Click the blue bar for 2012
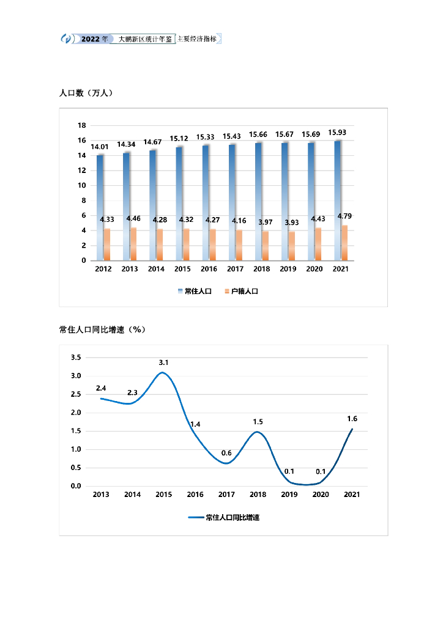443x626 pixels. pyautogui.click(x=100, y=208)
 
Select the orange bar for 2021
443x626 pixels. pyautogui.click(x=344, y=243)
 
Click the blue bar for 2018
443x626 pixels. pyautogui.click(x=258, y=202)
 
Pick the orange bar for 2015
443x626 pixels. pyautogui.click(x=187, y=245)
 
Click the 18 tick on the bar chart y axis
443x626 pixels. pyautogui.click(x=81, y=125)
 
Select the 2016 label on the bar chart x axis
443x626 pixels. pyautogui.click(x=209, y=269)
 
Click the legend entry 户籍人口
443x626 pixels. pyautogui.click(x=244, y=292)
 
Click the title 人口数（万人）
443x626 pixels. pyautogui.click(x=86, y=93)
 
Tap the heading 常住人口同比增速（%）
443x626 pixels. pyautogui.click(x=102, y=330)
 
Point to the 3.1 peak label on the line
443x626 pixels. pyautogui.click(x=163, y=363)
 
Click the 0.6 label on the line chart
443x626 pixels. pyautogui.click(x=226, y=453)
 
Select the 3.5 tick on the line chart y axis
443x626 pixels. pyautogui.click(x=76, y=357)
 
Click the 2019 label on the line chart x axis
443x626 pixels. pyautogui.click(x=289, y=495)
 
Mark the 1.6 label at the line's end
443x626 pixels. pyautogui.click(x=352, y=419)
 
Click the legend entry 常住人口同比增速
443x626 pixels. pyautogui.click(x=232, y=517)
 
